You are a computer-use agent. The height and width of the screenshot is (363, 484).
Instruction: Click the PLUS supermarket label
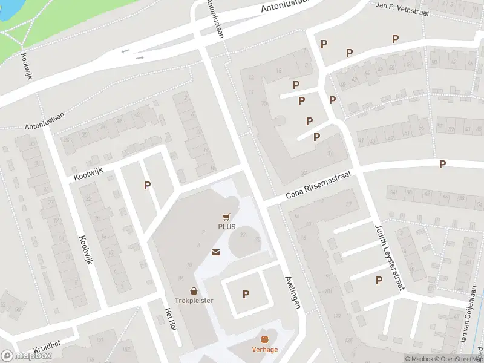click(227, 227)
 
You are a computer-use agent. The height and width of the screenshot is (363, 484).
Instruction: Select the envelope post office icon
click(215, 252)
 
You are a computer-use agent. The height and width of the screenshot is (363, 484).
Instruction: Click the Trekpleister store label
click(194, 301)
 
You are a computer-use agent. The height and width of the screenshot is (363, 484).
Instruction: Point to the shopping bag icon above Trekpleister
click(194, 290)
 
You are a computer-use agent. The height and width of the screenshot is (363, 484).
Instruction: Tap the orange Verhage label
click(265, 350)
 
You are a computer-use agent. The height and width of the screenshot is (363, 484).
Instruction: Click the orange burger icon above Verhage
click(264, 339)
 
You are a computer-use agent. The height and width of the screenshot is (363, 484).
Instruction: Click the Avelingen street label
click(292, 293)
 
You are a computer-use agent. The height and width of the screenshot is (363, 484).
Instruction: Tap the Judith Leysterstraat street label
click(389, 257)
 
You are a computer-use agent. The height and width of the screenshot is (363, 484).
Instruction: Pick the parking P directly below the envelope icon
click(246, 295)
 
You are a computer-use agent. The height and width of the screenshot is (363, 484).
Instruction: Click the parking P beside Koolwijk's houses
click(147, 185)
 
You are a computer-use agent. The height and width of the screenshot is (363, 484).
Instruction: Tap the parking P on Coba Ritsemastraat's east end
click(442, 164)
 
